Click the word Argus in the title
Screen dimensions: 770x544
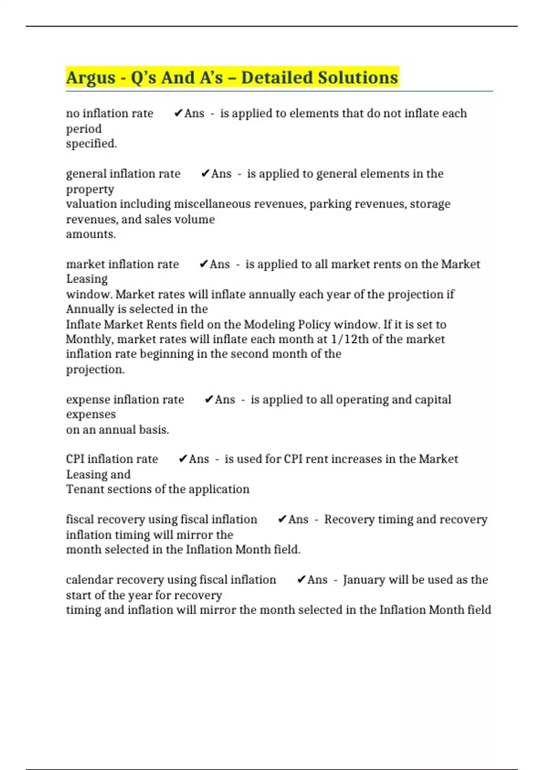tap(91, 78)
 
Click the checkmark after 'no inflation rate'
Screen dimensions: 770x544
tap(178, 113)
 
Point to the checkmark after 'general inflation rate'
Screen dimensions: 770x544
tap(205, 173)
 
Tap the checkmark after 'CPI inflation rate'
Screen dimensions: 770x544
tap(183, 459)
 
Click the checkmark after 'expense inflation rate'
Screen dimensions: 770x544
tap(209, 399)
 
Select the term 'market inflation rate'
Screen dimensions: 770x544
tap(122, 264)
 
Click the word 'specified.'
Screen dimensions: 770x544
tap(92, 144)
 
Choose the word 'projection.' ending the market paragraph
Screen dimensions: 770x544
tap(95, 370)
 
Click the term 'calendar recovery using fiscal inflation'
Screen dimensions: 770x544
tap(171, 580)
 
